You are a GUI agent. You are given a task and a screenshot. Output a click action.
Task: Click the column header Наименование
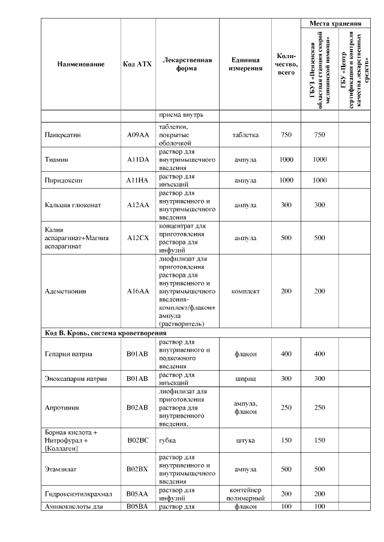tap(81, 64)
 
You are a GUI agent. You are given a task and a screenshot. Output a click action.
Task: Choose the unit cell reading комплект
tap(245, 292)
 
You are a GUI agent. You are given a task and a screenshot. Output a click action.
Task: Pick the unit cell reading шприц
tap(245, 379)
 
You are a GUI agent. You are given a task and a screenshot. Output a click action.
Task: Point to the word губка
tap(167, 440)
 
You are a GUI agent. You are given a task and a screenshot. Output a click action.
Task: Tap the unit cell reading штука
tap(245, 440)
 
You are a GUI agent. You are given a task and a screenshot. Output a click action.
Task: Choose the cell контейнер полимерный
tap(245, 493)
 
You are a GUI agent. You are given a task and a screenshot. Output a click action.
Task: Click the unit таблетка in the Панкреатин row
tap(245, 135)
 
